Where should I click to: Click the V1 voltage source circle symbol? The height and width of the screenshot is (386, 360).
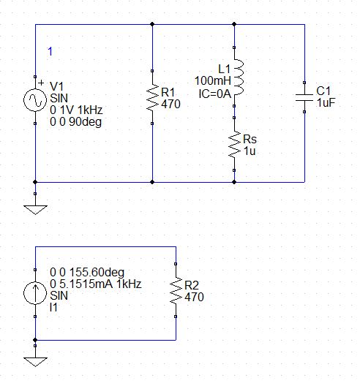click(x=35, y=100)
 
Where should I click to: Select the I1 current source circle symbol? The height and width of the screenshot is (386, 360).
click(x=35, y=293)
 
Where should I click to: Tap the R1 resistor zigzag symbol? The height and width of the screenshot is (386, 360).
click(x=152, y=97)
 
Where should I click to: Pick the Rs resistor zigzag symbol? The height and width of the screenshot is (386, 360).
click(x=234, y=144)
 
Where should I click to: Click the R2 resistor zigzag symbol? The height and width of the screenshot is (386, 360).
click(x=176, y=290)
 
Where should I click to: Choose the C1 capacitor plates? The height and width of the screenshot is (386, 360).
click(x=304, y=97)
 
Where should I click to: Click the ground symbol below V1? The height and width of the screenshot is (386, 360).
click(x=35, y=210)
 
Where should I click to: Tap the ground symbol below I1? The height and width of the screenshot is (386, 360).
click(x=35, y=362)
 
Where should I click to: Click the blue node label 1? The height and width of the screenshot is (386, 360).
click(x=50, y=51)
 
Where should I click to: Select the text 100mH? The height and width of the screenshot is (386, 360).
click(x=213, y=80)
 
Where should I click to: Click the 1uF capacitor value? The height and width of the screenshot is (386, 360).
click(x=326, y=102)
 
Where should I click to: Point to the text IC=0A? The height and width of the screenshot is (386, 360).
click(x=215, y=94)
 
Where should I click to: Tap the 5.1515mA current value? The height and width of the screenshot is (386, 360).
click(x=86, y=284)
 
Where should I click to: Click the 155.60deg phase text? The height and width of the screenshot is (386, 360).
click(x=97, y=272)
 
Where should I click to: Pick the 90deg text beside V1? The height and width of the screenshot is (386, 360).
click(x=86, y=122)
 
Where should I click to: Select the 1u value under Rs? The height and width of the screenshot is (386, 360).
click(x=250, y=151)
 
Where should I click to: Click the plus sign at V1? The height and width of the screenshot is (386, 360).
click(x=41, y=83)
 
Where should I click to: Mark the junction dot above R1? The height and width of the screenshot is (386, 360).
click(x=152, y=24)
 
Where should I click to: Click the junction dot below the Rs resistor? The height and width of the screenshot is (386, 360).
click(x=234, y=182)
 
